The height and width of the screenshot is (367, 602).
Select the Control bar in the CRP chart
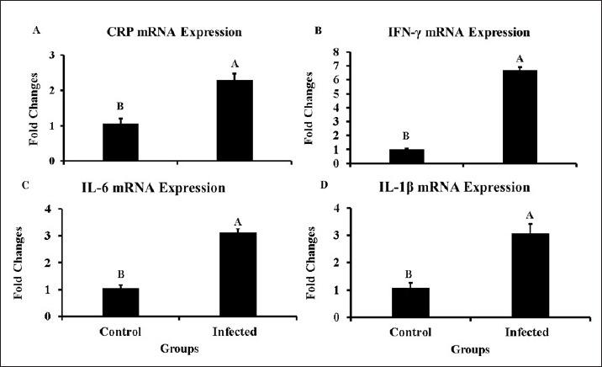point(120,141)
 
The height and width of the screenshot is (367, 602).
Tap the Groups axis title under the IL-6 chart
point(177,347)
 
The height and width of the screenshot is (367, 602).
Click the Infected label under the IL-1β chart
point(520,332)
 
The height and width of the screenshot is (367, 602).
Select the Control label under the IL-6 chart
point(120,332)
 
